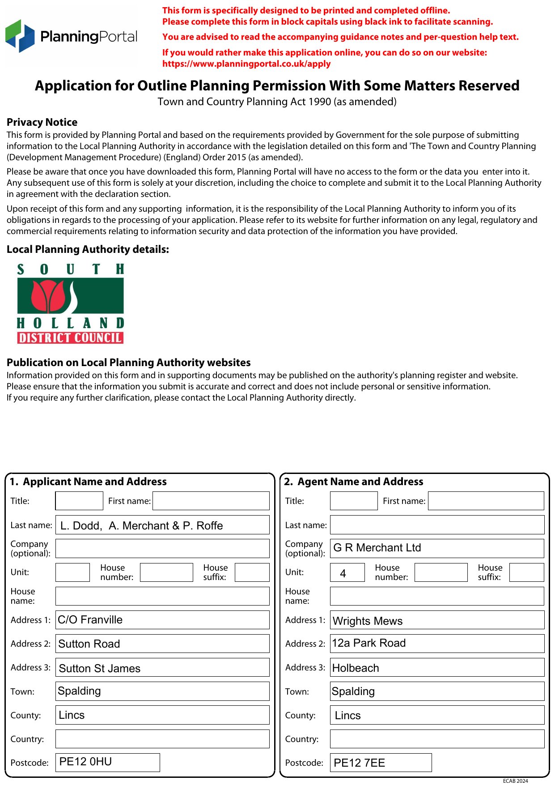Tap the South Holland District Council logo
pos(70,303)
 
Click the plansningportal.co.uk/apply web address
pos(246,64)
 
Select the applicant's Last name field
pos(162,525)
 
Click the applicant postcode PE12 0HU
pos(108,762)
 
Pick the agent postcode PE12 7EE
pos(381,763)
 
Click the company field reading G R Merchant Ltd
pos(437,548)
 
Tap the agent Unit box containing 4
pos(347,572)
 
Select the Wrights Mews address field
pos(437,620)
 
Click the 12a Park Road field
pos(437,644)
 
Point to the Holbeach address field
pos(437,667)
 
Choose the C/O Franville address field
pos(162,620)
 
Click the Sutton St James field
pos(162,667)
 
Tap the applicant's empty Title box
pos(79,501)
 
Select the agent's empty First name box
pos(486,501)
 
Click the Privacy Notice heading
pos(42,122)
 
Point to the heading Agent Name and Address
pos(360,482)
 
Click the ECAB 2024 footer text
pos(515,781)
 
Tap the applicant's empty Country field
pos(162,738)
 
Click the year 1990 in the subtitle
pos(320,102)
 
